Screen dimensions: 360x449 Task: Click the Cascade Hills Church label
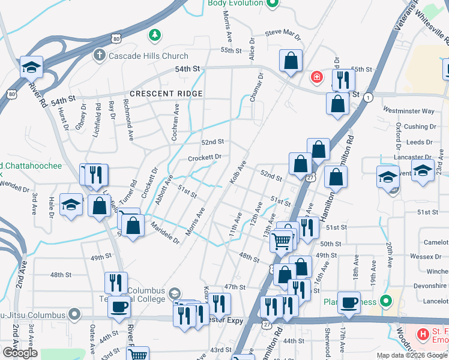click(x=140, y=55)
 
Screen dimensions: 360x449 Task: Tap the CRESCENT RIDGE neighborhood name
click(x=166, y=94)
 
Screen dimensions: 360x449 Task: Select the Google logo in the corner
click(x=20, y=353)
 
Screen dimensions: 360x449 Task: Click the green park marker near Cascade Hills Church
click(x=155, y=35)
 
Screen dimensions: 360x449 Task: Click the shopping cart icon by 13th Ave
click(x=281, y=241)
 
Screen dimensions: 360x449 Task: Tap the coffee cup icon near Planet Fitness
click(x=349, y=302)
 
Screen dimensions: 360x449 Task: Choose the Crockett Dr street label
click(x=205, y=157)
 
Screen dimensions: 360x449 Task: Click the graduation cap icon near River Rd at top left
click(x=31, y=67)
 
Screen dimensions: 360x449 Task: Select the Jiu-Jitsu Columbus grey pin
click(x=74, y=314)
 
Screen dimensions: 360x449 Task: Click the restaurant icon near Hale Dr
click(x=96, y=175)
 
